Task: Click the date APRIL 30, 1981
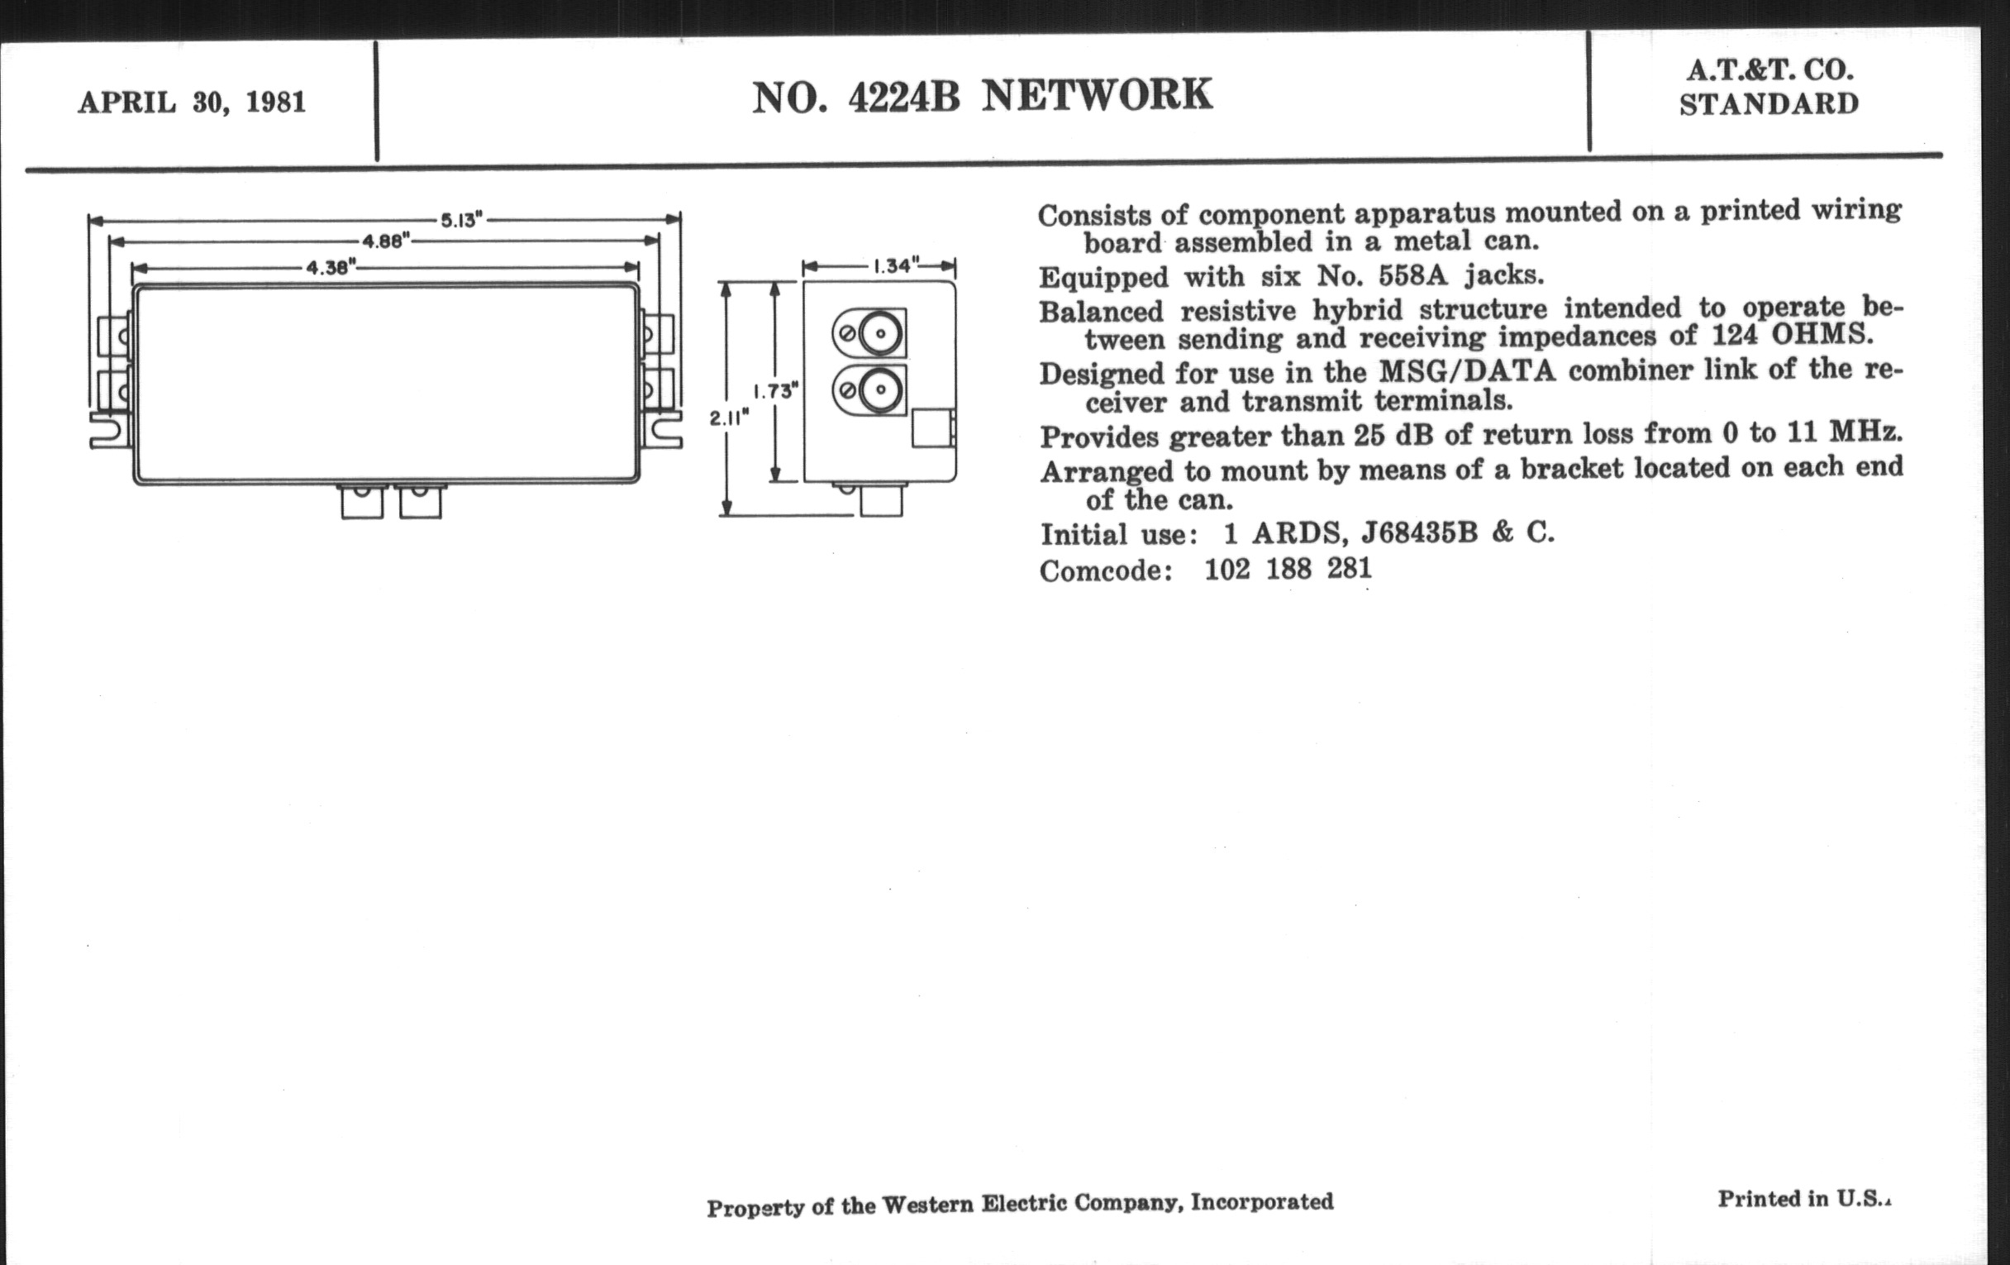(192, 103)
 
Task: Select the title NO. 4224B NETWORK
(982, 96)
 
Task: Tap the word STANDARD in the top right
(1769, 104)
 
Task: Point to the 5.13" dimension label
(462, 221)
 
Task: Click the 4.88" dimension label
(385, 242)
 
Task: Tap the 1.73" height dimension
(775, 391)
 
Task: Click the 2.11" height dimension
(728, 418)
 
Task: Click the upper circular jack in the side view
(881, 334)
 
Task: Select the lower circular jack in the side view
(881, 390)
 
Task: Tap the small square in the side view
(932, 428)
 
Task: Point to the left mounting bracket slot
(108, 431)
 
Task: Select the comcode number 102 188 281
(1287, 570)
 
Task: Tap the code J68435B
(1419, 532)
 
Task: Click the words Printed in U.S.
(1803, 1199)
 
